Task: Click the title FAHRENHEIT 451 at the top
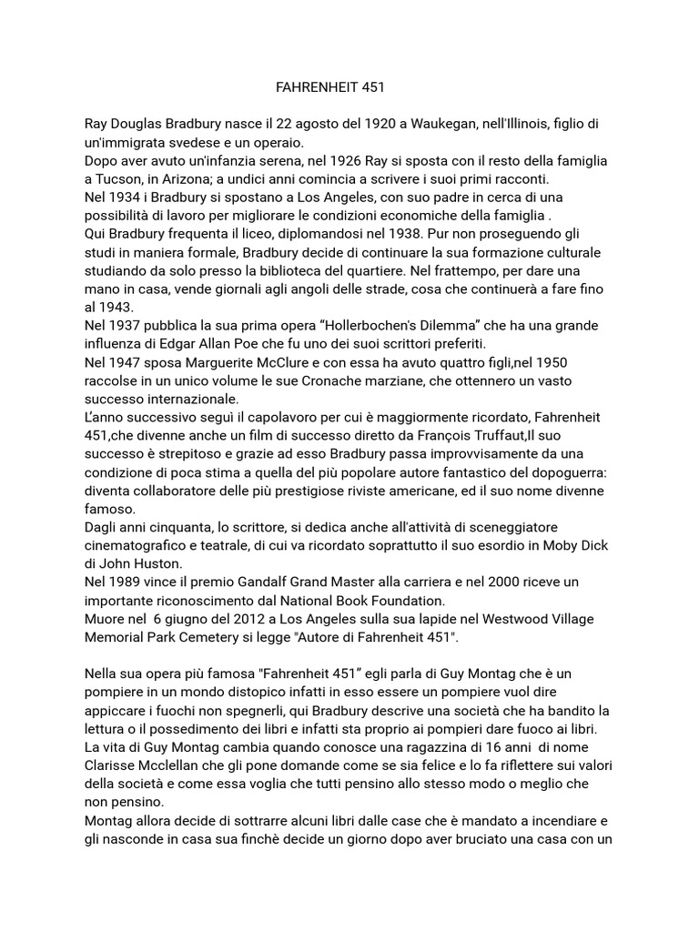pyautogui.click(x=330, y=88)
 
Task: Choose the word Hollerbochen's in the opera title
pyautogui.click(x=360, y=325)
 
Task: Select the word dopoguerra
pyautogui.click(x=550, y=471)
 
